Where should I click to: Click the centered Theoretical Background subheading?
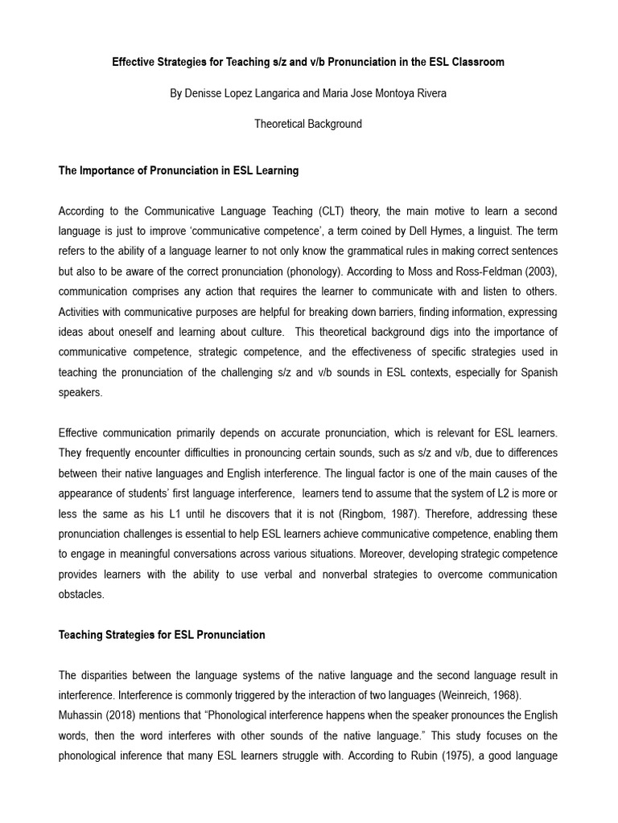click(308, 124)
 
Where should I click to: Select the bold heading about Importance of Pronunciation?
click(179, 170)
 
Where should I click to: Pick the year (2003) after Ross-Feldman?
click(539, 272)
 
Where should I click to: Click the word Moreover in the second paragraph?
click(382, 554)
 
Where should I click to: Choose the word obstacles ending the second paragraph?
click(81, 594)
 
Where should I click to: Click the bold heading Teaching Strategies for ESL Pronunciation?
click(162, 635)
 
